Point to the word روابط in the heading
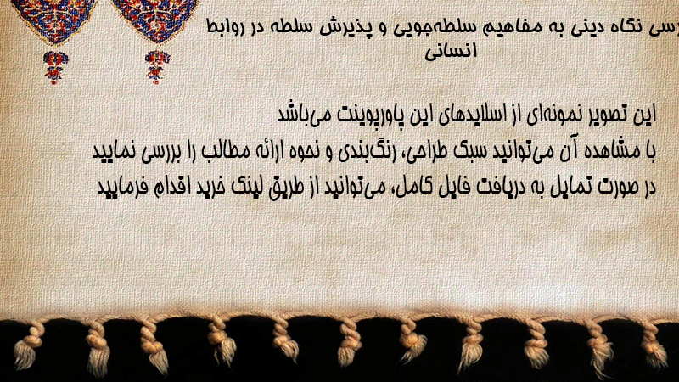[x=224, y=29]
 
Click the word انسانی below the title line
[x=451, y=51]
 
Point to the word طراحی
[x=428, y=152]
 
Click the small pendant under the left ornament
[x=54, y=67]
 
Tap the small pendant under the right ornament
[x=157, y=67]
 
